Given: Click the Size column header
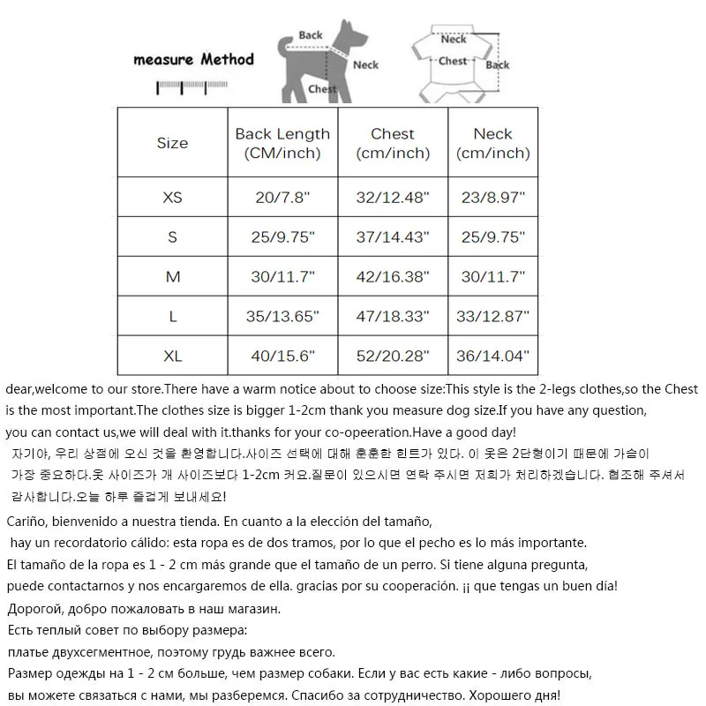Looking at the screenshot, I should [172, 143].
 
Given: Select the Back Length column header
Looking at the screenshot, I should [282, 143].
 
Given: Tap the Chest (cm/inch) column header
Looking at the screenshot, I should [393, 143].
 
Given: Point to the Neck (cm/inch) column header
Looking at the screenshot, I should [492, 143].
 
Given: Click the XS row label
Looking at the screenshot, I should [172, 198].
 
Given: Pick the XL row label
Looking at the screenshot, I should [172, 357].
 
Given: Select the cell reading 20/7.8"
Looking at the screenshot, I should [282, 198].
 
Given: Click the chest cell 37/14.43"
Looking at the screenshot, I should [393, 237].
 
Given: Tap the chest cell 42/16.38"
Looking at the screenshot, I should [393, 277].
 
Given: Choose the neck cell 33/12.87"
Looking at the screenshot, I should [492, 317].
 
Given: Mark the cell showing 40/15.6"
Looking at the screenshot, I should [282, 357].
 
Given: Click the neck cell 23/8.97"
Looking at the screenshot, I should [492, 198].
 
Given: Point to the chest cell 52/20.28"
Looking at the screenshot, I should [393, 357].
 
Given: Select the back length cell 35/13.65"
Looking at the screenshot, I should [282, 317].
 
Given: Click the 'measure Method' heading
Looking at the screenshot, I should [193, 60].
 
